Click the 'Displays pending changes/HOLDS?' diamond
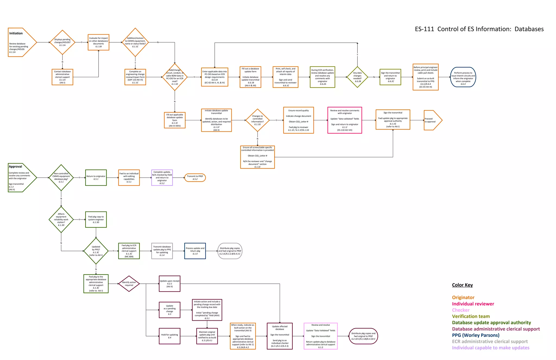click(x=62, y=42)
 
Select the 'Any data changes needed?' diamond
click(x=357, y=77)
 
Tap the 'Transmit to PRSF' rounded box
click(x=195, y=178)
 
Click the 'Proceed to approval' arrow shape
click(x=432, y=120)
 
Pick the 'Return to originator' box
click(x=96, y=178)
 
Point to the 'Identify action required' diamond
click(x=129, y=284)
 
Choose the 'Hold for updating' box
click(x=169, y=336)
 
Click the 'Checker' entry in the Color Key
click(x=460, y=310)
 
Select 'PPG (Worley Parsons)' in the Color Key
click(x=476, y=335)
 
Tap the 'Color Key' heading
click(x=462, y=285)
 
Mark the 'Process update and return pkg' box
click(x=195, y=251)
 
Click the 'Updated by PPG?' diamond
click(x=96, y=251)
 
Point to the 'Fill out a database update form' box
click(x=250, y=77)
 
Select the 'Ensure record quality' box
click(x=298, y=120)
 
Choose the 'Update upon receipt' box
click(x=169, y=284)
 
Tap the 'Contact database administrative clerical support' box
click(x=62, y=77)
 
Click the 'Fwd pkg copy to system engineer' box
click(x=96, y=220)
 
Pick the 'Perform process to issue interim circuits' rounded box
click(x=463, y=77)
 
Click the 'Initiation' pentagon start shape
click(x=20, y=42)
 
